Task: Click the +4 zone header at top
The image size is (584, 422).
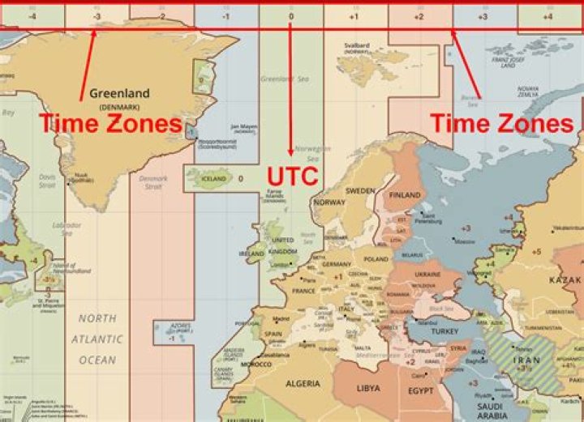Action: [547, 15]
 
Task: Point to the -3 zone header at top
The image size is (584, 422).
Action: [97, 15]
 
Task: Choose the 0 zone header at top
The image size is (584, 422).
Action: [290, 15]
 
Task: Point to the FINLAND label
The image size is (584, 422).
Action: [405, 196]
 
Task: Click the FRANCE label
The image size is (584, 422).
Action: [303, 291]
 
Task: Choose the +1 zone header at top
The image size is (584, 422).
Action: [354, 15]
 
